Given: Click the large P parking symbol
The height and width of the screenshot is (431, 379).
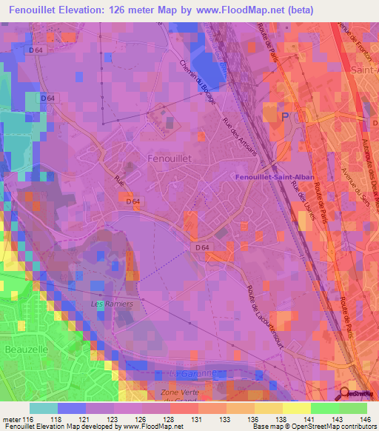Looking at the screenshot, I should (x=286, y=118).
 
